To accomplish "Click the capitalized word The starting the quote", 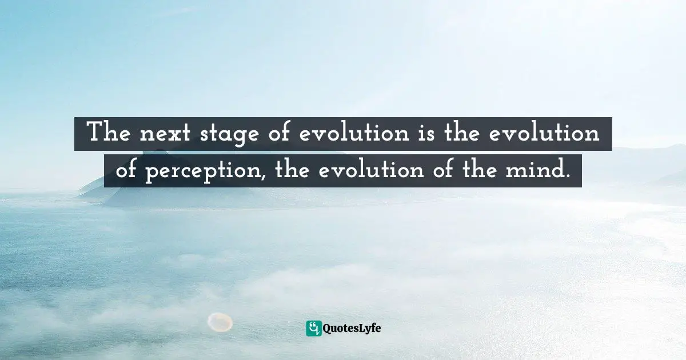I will [x=107, y=134].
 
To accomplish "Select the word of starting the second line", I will [x=126, y=171].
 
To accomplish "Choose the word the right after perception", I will [x=294, y=171].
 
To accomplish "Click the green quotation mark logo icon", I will [x=313, y=328].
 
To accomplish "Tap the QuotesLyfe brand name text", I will [x=352, y=329].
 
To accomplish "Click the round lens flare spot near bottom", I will [x=220, y=322].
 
